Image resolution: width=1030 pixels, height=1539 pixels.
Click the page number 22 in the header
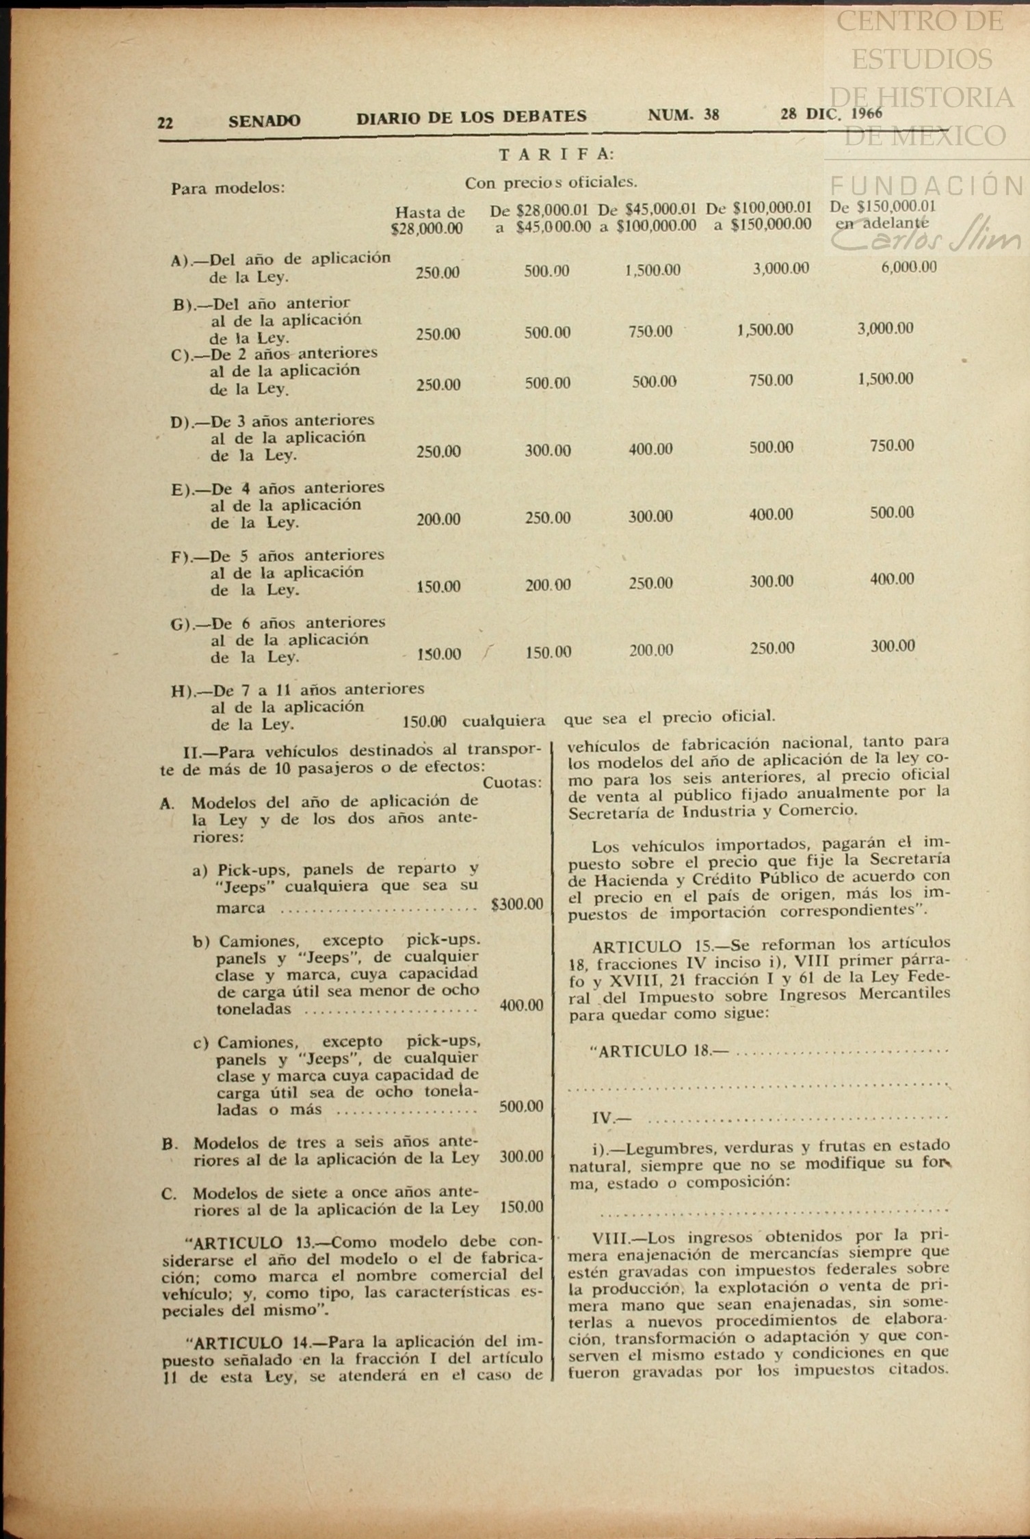(x=165, y=122)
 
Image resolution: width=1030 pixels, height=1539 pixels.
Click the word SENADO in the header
(x=264, y=121)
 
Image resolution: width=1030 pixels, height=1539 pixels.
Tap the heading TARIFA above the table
(x=556, y=155)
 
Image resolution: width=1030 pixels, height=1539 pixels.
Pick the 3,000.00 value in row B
(x=885, y=328)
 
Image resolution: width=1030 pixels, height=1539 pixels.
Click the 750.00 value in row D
(x=892, y=446)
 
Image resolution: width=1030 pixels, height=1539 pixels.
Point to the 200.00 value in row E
(x=438, y=519)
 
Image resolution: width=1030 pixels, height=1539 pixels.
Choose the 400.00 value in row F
(x=892, y=580)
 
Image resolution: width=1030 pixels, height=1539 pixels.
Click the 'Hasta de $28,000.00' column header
(x=428, y=220)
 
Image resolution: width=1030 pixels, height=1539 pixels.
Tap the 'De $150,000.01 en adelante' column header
(x=882, y=214)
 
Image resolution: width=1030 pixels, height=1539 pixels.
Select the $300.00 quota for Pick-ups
(x=517, y=905)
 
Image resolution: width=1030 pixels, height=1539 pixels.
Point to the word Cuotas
(x=512, y=783)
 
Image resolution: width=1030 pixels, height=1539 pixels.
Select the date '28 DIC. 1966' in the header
(x=831, y=114)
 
